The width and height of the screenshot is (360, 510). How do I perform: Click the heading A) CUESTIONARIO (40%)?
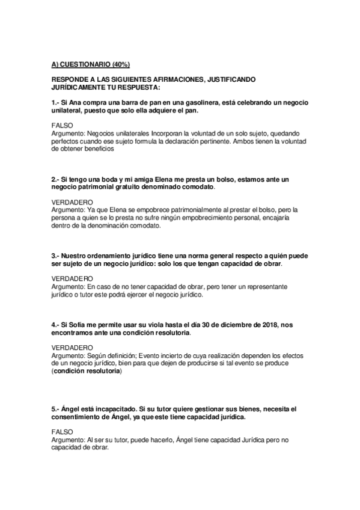click(x=90, y=63)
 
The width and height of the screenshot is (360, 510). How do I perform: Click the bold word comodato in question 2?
click(x=195, y=187)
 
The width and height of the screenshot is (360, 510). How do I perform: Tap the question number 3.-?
click(x=56, y=255)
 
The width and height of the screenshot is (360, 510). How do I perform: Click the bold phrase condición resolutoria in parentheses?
click(x=86, y=372)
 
